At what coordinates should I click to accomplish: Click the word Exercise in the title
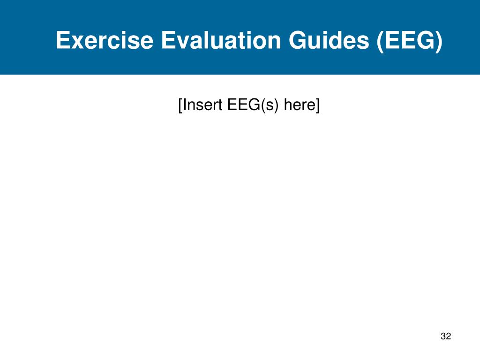pos(105,40)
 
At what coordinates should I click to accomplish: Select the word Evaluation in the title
pos(221,40)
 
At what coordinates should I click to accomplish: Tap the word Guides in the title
pos(329,40)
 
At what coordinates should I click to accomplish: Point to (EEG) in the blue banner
pos(410,41)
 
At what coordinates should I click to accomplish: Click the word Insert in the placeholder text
pos(202,105)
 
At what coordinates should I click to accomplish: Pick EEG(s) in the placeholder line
pos(253,105)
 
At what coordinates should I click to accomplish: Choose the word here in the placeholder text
pos(300,105)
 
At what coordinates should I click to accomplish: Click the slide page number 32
pos(446,336)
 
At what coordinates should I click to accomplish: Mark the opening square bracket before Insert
pos(180,105)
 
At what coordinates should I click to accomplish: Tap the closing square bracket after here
pos(317,105)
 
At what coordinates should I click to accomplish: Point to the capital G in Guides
pos(298,40)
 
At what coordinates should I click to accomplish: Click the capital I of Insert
pos(184,105)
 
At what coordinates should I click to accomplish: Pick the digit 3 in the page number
pos(443,336)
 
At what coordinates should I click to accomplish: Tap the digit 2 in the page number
pos(449,336)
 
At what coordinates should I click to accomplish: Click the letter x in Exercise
pos(77,42)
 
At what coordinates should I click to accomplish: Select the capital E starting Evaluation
pos(169,40)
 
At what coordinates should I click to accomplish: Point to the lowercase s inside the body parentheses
pos(270,106)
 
